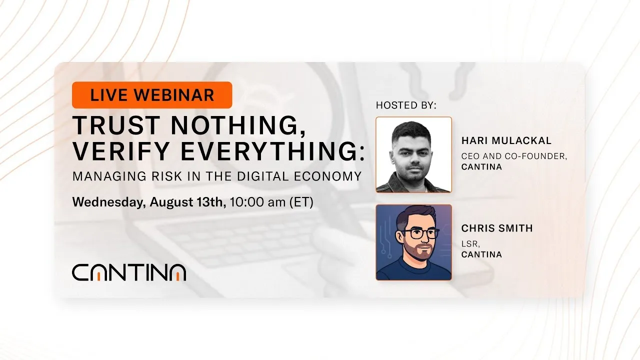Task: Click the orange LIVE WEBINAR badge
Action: [x=152, y=95]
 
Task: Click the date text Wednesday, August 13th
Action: [x=149, y=202]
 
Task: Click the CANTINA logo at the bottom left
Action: [x=129, y=272]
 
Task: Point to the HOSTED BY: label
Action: [x=406, y=105]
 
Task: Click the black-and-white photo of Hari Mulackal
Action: [x=413, y=154]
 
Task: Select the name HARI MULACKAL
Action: [x=506, y=141]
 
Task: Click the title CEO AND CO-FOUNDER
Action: [x=514, y=156]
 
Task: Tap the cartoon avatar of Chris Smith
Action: [x=413, y=242]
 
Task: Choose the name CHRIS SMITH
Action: [x=497, y=228]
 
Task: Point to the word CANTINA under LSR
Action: [x=481, y=254]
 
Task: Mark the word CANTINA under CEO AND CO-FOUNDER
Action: [x=481, y=166]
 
